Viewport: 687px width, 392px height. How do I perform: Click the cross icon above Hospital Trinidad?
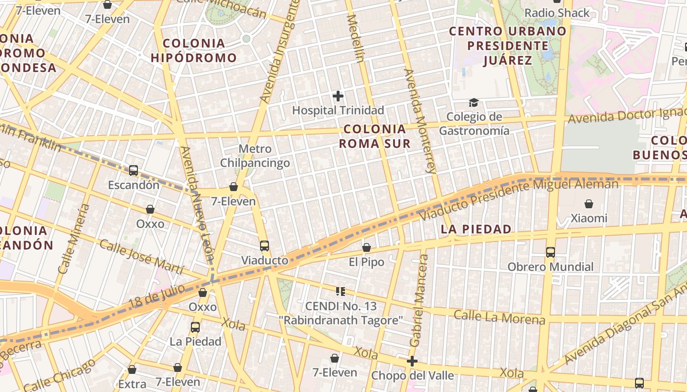click(338, 96)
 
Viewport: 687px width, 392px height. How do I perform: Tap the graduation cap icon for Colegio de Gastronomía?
click(474, 102)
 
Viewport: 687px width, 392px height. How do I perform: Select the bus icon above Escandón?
click(133, 171)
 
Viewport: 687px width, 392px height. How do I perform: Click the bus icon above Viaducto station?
click(264, 245)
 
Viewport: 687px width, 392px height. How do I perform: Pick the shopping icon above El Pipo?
click(367, 247)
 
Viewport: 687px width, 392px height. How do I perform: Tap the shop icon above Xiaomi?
click(589, 203)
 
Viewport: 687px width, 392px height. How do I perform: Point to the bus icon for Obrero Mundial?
click(551, 252)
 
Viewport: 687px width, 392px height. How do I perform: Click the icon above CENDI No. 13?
click(341, 292)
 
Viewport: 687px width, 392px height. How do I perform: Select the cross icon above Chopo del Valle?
click(412, 362)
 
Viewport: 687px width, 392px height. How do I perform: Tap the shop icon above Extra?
click(132, 369)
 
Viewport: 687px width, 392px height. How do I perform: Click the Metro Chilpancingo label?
click(255, 156)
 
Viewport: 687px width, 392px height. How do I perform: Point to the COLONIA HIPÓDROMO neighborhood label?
click(193, 50)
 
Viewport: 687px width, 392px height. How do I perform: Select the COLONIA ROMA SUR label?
click(375, 136)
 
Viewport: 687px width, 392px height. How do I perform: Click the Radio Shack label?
click(557, 13)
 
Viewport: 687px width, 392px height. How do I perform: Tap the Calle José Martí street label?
click(141, 257)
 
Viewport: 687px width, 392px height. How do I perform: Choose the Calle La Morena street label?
click(499, 317)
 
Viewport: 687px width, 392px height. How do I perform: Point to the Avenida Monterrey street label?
click(420, 121)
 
